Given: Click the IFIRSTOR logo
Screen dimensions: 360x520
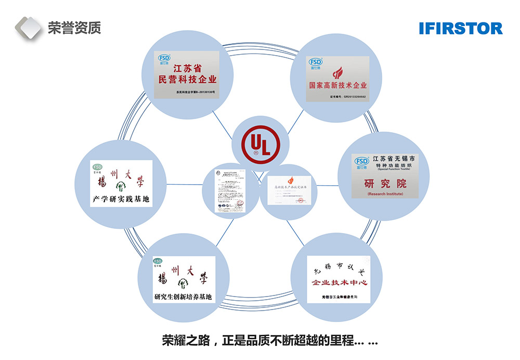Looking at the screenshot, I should [x=460, y=28].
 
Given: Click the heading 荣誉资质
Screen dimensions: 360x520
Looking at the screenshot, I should [x=74, y=28].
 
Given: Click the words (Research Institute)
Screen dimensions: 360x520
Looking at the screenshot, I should [x=385, y=194].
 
